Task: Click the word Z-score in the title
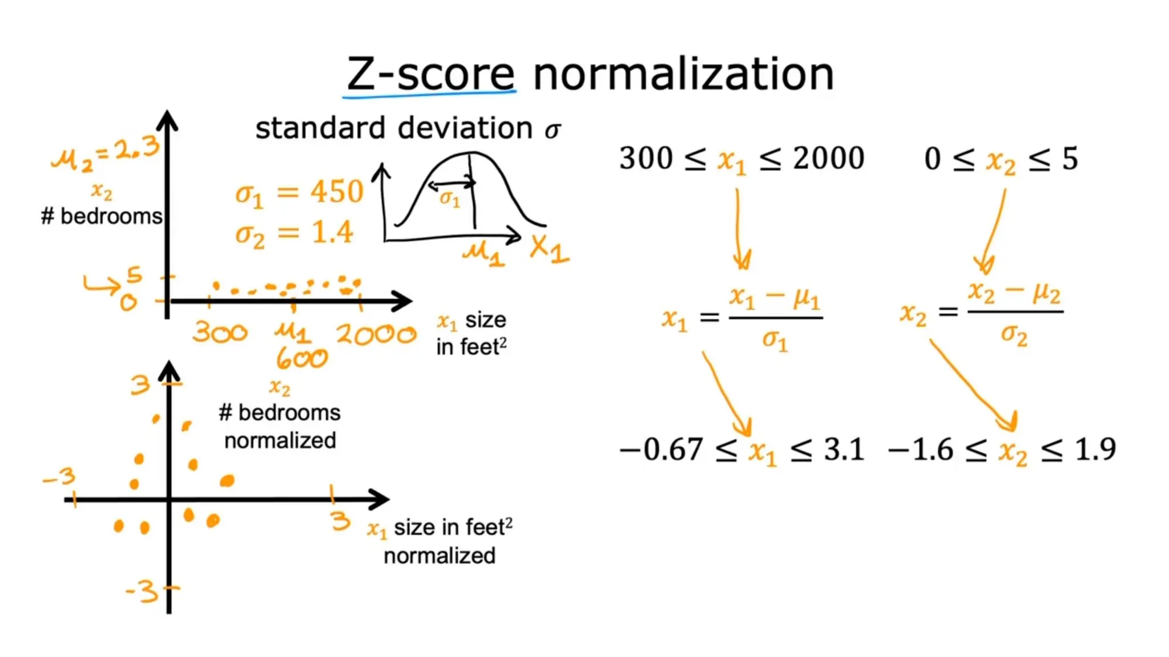pyautogui.click(x=431, y=75)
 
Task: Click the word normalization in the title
pyautogui.click(x=683, y=75)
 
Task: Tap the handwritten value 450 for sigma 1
pyautogui.click(x=337, y=192)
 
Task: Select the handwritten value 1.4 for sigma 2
pyautogui.click(x=332, y=233)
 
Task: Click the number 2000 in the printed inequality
pyautogui.click(x=829, y=158)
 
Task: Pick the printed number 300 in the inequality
pyautogui.click(x=646, y=158)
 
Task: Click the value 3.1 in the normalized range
pyautogui.click(x=844, y=449)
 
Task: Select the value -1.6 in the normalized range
pyautogui.click(x=921, y=449)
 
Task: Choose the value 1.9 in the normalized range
pyautogui.click(x=1095, y=449)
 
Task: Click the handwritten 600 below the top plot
pyautogui.click(x=302, y=359)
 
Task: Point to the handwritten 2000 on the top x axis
pyautogui.click(x=376, y=334)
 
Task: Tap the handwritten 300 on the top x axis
pyautogui.click(x=220, y=332)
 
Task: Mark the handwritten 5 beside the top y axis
pyautogui.click(x=134, y=275)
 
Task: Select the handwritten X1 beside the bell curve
pyautogui.click(x=549, y=249)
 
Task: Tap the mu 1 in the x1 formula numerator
pyautogui.click(x=807, y=297)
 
